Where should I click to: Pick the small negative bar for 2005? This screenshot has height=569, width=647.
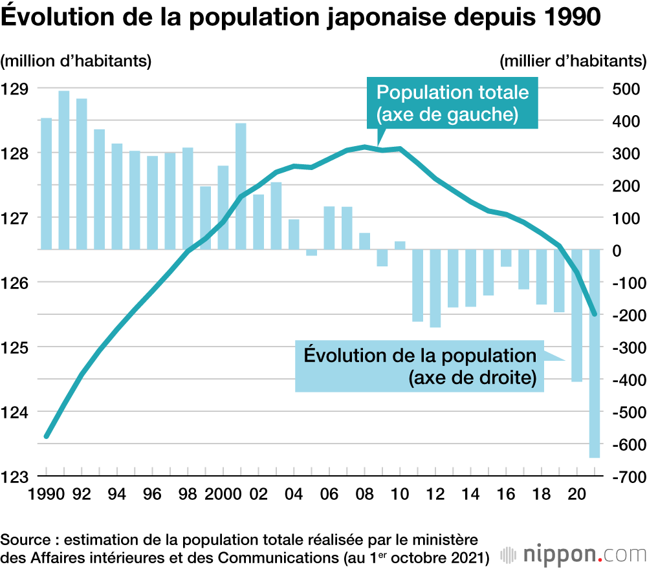click(312, 252)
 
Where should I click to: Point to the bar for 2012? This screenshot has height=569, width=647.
click(435, 288)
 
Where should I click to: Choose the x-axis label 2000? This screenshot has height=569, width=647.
click(221, 494)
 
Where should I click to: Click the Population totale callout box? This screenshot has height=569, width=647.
click(452, 103)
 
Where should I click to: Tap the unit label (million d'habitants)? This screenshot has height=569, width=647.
click(76, 61)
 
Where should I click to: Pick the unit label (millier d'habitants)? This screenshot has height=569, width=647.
click(573, 61)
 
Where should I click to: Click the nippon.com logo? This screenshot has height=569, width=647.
click(569, 554)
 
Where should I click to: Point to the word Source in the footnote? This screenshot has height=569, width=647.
click(24, 539)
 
